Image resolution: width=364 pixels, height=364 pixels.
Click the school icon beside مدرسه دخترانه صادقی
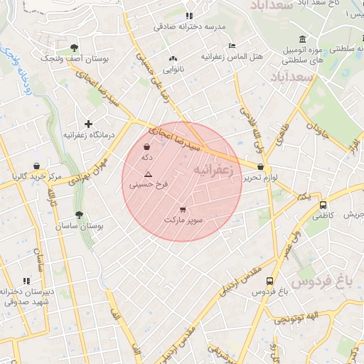click(188, 16)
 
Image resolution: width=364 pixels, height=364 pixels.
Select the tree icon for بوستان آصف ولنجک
click(73, 48)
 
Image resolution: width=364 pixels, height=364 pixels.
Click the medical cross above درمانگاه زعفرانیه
click(88, 124)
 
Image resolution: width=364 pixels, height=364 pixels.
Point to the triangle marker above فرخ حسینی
click(148, 174)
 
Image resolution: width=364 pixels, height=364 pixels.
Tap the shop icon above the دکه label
click(146, 147)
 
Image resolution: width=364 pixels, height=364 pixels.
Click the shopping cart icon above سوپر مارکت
click(183, 210)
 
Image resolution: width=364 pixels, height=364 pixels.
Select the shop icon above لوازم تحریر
click(261, 167)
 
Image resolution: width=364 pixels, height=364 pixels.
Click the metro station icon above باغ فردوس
click(269, 281)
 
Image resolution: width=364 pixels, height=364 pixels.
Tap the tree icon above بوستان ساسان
click(78, 215)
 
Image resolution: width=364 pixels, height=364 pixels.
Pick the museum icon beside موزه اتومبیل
click(303, 38)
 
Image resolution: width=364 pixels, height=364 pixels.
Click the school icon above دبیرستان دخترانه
click(27, 282)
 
